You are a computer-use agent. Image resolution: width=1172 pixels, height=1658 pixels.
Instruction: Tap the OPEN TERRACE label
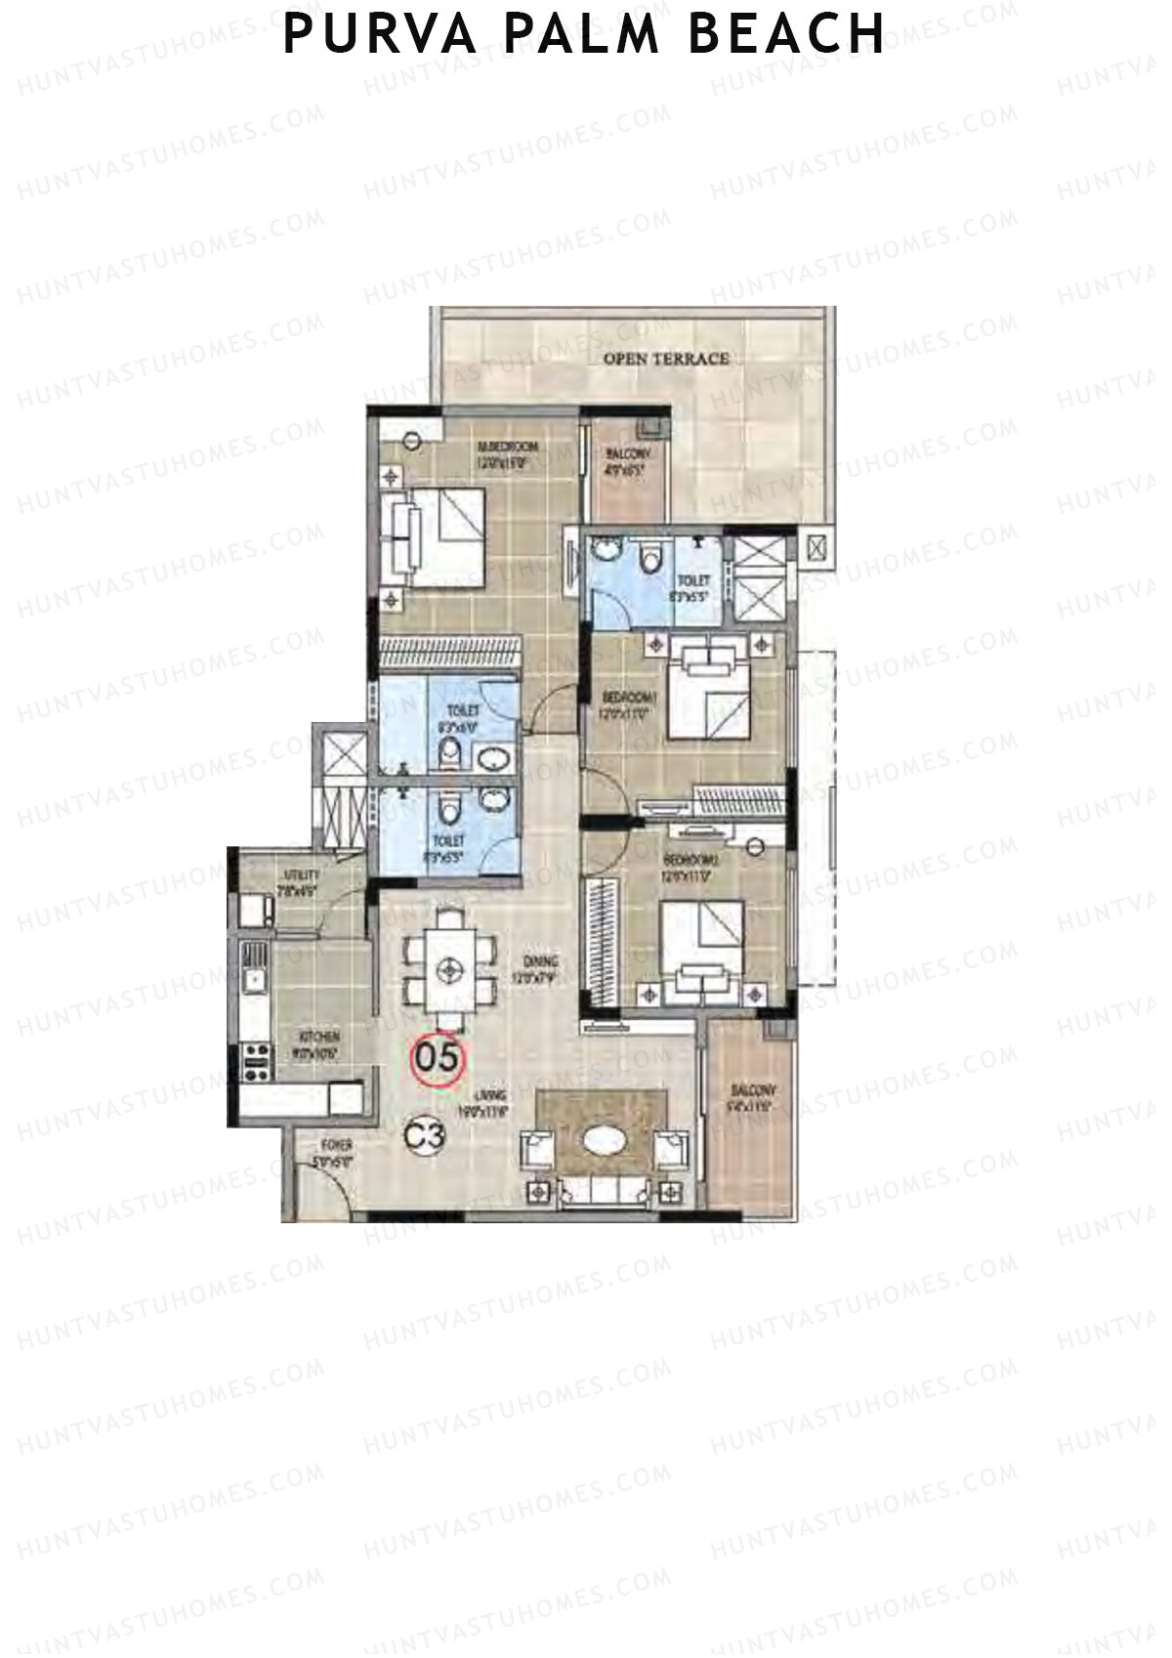click(666, 359)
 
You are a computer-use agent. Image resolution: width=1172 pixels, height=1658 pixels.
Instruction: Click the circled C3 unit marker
click(426, 1135)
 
